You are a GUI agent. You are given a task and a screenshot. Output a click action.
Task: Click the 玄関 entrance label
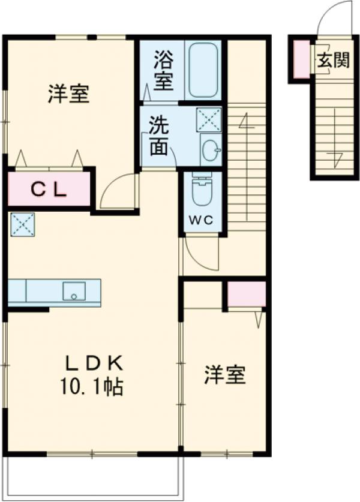coord(334,61)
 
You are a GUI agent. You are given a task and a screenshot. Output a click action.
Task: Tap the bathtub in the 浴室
coord(202,70)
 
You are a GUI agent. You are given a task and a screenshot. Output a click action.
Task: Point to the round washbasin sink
coord(210,151)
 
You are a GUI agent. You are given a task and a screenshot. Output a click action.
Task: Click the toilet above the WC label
coord(202,190)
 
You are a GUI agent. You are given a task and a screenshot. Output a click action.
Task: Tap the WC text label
coord(202,220)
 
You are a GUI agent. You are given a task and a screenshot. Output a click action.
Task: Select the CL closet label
coord(49,190)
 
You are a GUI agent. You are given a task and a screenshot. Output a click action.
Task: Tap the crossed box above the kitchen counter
coord(22,224)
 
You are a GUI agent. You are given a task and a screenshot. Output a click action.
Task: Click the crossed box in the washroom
coord(209,119)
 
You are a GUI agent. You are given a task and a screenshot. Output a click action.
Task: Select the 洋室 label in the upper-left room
coord(68,95)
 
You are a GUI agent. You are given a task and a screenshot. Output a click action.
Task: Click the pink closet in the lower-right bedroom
coord(246,294)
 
